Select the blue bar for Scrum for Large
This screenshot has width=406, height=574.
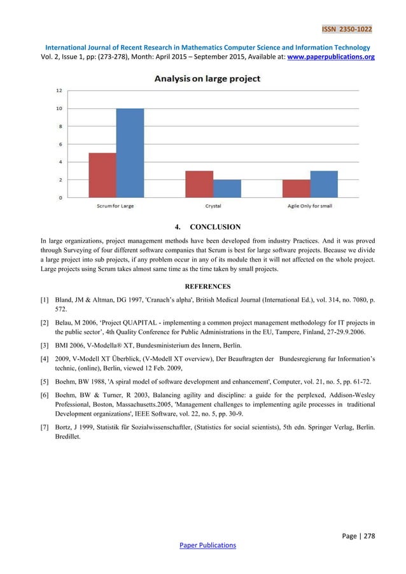130,153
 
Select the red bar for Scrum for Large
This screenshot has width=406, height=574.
102,175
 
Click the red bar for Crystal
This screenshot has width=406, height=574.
199,184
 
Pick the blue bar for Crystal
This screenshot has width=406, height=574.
227,188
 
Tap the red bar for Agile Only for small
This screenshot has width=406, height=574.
297,188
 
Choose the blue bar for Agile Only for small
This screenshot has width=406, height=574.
324,184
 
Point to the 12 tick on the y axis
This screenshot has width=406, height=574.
59,90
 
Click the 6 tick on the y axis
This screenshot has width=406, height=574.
60,144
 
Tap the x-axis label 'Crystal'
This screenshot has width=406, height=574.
213,206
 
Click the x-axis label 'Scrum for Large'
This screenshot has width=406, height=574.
116,206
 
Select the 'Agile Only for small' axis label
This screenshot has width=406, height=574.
310,206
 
